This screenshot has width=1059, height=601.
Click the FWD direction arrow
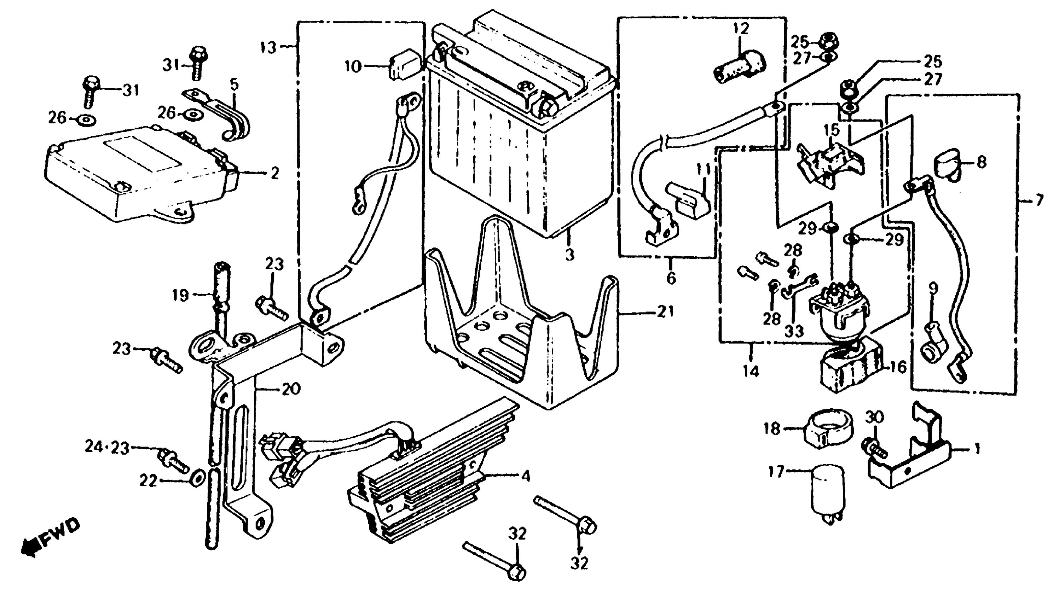(50, 539)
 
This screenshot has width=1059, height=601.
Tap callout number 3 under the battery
(570, 255)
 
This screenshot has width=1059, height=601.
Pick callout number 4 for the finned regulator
(525, 476)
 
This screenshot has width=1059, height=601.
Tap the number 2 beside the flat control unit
(274, 173)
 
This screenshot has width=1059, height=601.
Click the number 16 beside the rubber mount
(898, 367)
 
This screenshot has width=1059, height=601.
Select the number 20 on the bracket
(291, 389)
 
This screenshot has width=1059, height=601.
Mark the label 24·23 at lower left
(107, 448)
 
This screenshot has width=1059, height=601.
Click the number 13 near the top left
(268, 47)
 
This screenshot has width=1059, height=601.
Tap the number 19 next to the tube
(180, 296)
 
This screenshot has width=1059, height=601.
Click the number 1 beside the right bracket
(977, 449)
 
